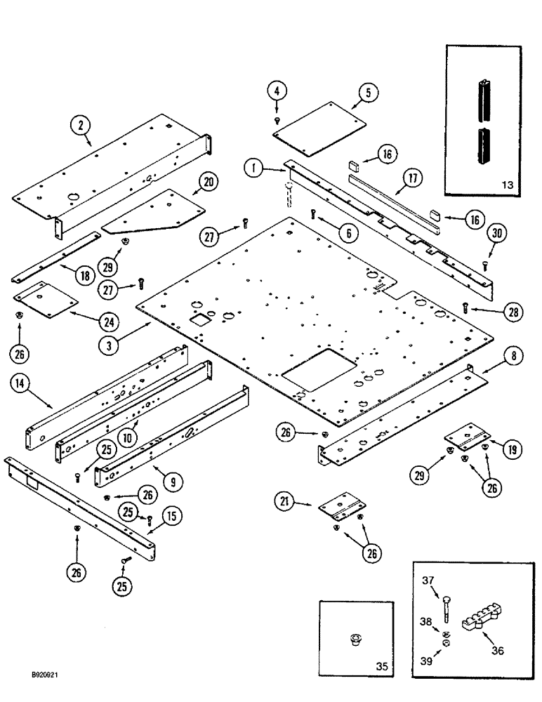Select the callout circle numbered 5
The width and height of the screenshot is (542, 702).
[x=367, y=92]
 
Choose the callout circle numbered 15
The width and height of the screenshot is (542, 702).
[x=172, y=517]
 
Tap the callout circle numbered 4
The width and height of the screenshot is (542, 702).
[x=277, y=91]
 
